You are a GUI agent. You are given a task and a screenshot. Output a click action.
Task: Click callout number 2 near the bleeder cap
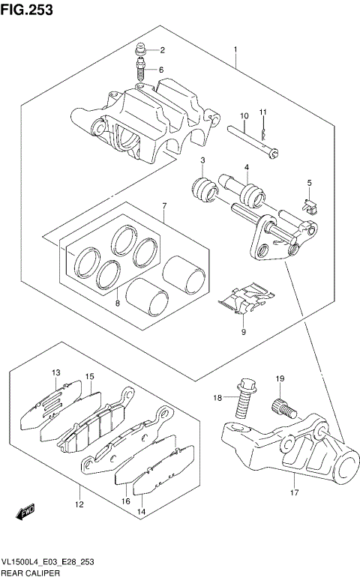point(161,51)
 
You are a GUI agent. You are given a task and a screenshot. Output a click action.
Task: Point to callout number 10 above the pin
point(244,115)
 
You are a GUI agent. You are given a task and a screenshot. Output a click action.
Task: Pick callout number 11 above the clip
point(263,112)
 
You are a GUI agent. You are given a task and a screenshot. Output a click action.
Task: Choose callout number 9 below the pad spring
point(243,331)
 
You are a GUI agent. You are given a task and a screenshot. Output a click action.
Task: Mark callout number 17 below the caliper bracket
point(294,492)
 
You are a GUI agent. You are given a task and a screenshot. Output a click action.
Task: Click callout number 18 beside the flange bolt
point(217,398)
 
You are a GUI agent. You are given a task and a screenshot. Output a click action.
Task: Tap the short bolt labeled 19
point(278,407)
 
